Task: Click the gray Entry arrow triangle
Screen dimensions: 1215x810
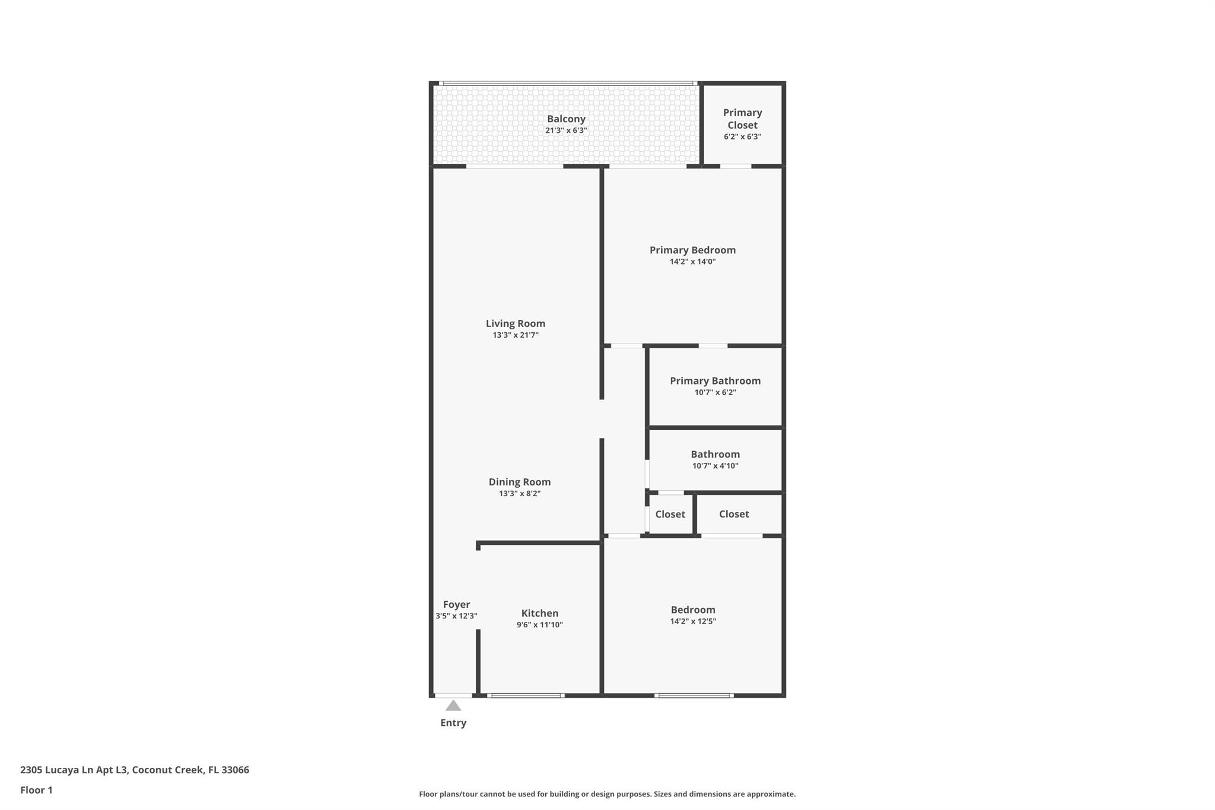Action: (453, 705)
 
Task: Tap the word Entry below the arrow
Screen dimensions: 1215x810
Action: (453, 723)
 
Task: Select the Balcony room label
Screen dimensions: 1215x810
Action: (566, 119)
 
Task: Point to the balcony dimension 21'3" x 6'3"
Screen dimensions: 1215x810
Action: (566, 131)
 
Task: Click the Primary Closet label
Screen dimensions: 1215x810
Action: (743, 119)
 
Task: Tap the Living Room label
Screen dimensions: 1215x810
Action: (516, 323)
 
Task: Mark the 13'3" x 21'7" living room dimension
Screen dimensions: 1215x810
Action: (516, 335)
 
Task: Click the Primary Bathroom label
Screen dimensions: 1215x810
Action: (715, 381)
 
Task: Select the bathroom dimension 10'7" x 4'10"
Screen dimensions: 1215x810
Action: (715, 466)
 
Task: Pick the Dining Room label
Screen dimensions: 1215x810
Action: (520, 482)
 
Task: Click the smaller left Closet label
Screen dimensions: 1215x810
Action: (670, 514)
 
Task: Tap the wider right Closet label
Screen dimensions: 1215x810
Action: (734, 514)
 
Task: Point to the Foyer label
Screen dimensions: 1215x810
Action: (456, 605)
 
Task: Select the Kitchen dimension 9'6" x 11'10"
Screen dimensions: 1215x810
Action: (540, 625)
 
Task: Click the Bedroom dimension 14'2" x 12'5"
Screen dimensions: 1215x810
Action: (693, 621)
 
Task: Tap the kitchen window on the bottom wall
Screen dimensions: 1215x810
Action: (526, 695)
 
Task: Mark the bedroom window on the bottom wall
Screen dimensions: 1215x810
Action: (694, 695)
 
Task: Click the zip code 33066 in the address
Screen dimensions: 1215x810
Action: (235, 770)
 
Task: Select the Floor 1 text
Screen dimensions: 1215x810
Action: (36, 790)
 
